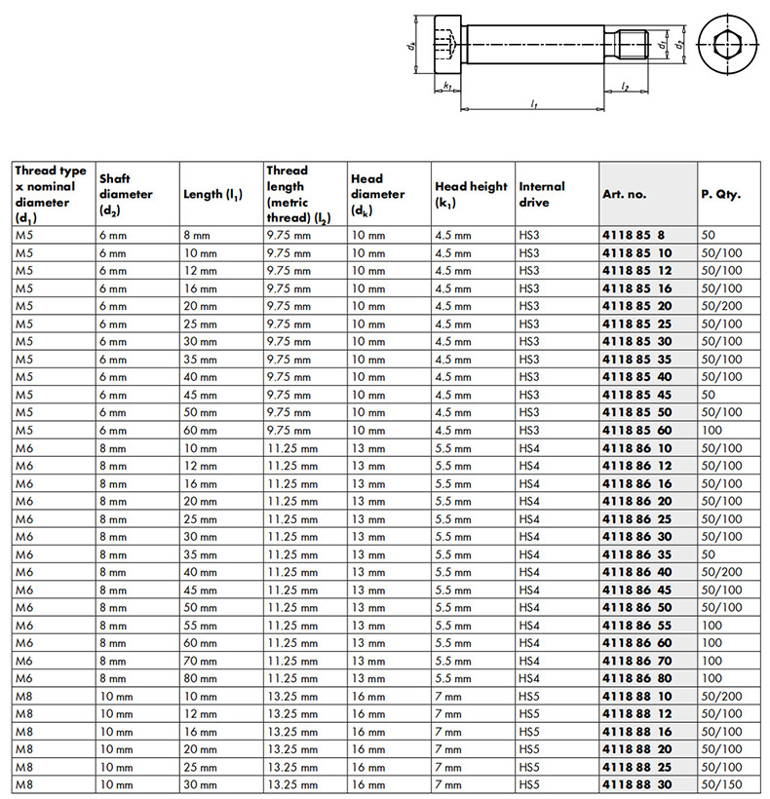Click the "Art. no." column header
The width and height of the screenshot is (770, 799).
tap(625, 194)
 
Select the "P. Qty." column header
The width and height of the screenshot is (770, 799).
tap(720, 194)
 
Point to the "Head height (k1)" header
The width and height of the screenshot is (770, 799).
tap(471, 194)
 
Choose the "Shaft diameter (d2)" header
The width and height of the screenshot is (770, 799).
tap(126, 194)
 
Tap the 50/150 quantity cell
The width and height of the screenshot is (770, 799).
tap(721, 784)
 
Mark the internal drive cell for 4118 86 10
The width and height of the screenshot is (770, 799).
tap(529, 448)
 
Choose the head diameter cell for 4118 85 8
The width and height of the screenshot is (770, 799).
tap(367, 236)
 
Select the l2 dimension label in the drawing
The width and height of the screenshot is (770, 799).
tap(625, 88)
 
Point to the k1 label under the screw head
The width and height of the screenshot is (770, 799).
tap(446, 88)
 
